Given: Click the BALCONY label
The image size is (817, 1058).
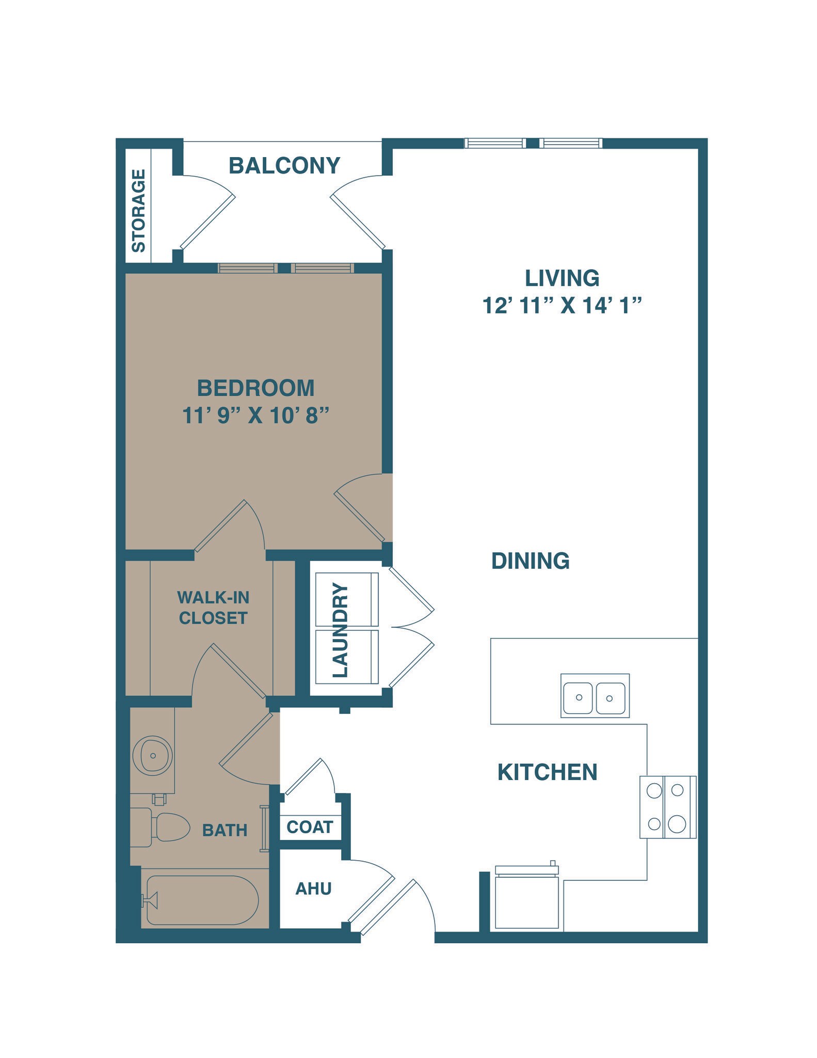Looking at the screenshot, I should point(284,166).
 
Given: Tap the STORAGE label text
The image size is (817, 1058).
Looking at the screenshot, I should point(138,211).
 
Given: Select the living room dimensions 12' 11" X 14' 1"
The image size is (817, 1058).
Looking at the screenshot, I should point(562,306).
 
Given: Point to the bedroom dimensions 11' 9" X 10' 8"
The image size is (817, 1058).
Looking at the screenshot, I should point(256,415).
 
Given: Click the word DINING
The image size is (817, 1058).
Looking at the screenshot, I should point(530,561).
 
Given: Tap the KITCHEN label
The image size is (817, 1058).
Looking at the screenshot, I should point(547,772).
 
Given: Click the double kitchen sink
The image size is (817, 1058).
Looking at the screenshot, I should point(595,695).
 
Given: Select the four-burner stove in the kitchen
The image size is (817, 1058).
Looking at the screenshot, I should point(667,807).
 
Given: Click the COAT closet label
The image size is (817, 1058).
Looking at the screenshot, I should point(310,827).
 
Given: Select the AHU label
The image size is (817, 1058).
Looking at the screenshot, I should point(313,889).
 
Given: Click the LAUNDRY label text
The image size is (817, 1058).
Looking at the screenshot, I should point(341,630).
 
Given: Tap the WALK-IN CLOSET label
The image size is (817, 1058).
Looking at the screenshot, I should point(213,608).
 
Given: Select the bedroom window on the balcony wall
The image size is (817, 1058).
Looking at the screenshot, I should point(285,268).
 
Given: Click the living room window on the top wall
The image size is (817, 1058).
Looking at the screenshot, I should point(533,143).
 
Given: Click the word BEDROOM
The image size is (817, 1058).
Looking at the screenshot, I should point(255,388).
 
